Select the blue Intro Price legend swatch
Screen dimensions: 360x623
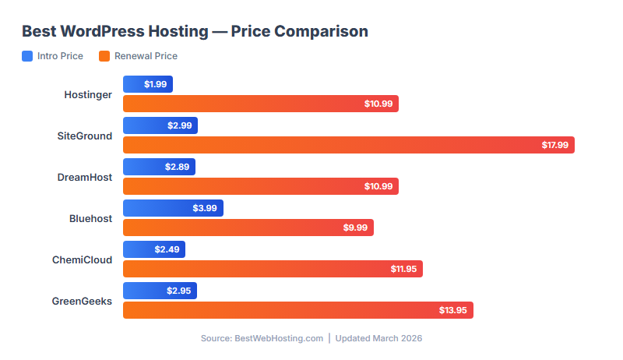(x=27, y=56)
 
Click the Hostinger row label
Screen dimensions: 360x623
(x=88, y=94)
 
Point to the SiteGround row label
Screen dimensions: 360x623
(x=85, y=136)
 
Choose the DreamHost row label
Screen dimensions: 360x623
(x=85, y=177)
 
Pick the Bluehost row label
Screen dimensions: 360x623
(x=90, y=218)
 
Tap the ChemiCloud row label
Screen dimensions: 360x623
(x=83, y=259)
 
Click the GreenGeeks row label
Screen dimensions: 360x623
(x=82, y=301)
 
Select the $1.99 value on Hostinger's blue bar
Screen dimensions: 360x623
(x=155, y=84)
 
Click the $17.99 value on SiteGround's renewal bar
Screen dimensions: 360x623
(x=555, y=145)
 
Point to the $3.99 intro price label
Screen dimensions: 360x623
(x=205, y=208)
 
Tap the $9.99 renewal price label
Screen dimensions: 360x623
(x=355, y=228)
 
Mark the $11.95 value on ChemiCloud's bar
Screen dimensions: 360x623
(x=403, y=269)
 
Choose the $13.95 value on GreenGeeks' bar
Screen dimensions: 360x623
(x=453, y=310)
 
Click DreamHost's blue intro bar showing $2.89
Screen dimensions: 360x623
(x=159, y=167)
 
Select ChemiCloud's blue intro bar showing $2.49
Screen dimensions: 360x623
(x=154, y=249)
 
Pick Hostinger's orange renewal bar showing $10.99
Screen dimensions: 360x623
(x=261, y=104)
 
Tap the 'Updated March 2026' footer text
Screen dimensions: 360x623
(x=378, y=339)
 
